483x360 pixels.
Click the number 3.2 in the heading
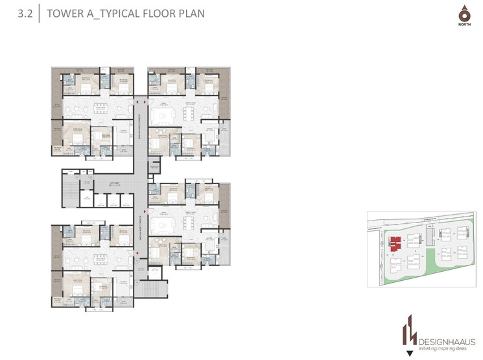tap(25, 13)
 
